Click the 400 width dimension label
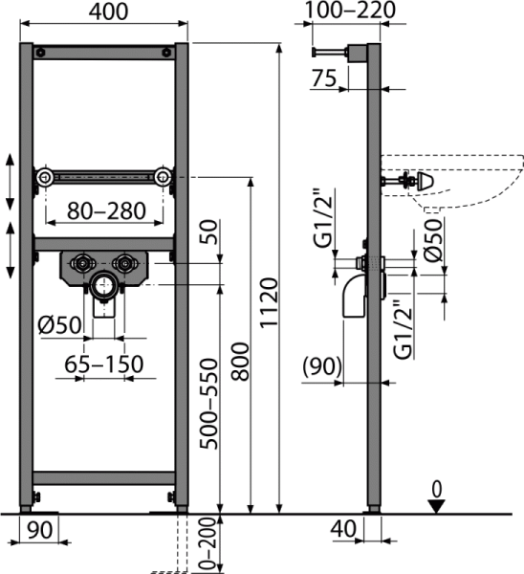[108, 11]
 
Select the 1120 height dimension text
[270, 302]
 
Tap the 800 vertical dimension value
[240, 362]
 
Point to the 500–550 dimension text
[209, 404]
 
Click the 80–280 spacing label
[106, 210]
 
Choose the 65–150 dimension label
[104, 364]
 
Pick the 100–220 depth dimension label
[350, 10]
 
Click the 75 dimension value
[324, 78]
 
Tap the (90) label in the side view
[322, 366]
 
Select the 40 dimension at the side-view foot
[343, 529]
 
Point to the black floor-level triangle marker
[436, 507]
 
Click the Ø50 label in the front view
[59, 324]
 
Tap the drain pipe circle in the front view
[104, 286]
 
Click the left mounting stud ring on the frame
[45, 178]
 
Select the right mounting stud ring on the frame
[163, 178]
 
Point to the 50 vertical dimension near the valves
[209, 232]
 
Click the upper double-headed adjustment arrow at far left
[10, 182]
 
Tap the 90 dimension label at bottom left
[40, 529]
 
